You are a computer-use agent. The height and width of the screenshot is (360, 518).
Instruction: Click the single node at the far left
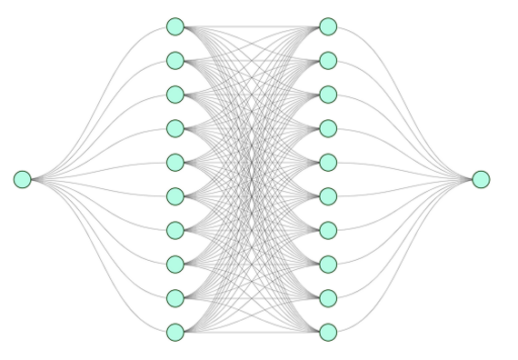23,179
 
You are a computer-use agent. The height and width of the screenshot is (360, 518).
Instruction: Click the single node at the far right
481,179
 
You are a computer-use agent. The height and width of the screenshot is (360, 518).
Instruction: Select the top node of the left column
175,26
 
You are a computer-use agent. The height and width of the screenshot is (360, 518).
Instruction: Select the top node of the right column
328,26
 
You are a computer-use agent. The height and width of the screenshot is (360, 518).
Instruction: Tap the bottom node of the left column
175,331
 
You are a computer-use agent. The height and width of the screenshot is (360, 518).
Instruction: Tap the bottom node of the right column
328,331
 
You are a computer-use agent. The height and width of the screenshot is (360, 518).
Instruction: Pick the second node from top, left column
175,60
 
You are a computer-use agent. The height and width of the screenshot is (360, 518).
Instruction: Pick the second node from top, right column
328,60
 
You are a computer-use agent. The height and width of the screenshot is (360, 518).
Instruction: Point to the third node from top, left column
175,94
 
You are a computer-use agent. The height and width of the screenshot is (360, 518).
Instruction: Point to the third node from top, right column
328,94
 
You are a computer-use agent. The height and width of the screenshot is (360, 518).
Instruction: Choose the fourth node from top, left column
175,127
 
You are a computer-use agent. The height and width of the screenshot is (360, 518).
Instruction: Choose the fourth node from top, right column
328,127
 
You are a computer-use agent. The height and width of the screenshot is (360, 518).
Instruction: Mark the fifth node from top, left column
175,162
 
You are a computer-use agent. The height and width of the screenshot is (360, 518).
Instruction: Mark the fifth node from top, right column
328,162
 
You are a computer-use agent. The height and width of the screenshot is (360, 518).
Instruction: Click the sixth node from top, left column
175,195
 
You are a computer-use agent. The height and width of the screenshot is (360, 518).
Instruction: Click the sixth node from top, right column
328,195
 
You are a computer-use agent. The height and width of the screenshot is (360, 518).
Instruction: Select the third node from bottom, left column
175,264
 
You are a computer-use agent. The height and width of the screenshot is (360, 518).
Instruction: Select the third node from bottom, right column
328,264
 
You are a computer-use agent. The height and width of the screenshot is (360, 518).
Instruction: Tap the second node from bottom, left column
175,297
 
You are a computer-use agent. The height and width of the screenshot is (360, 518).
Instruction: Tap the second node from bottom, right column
328,297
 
